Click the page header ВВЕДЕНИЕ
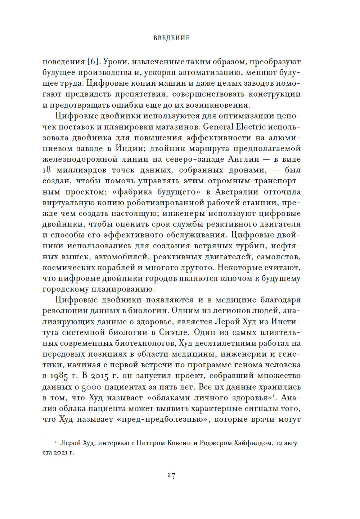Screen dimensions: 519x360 (x=171, y=38)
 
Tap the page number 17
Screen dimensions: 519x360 (x=171, y=475)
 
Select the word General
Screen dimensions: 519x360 (x=218, y=127)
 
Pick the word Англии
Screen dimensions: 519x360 (x=244, y=159)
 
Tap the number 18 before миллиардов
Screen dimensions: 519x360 (x=47, y=170)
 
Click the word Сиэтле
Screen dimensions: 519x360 (x=174, y=332)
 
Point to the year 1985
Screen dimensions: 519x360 (x=59, y=376)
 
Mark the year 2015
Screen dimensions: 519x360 (x=99, y=376)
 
